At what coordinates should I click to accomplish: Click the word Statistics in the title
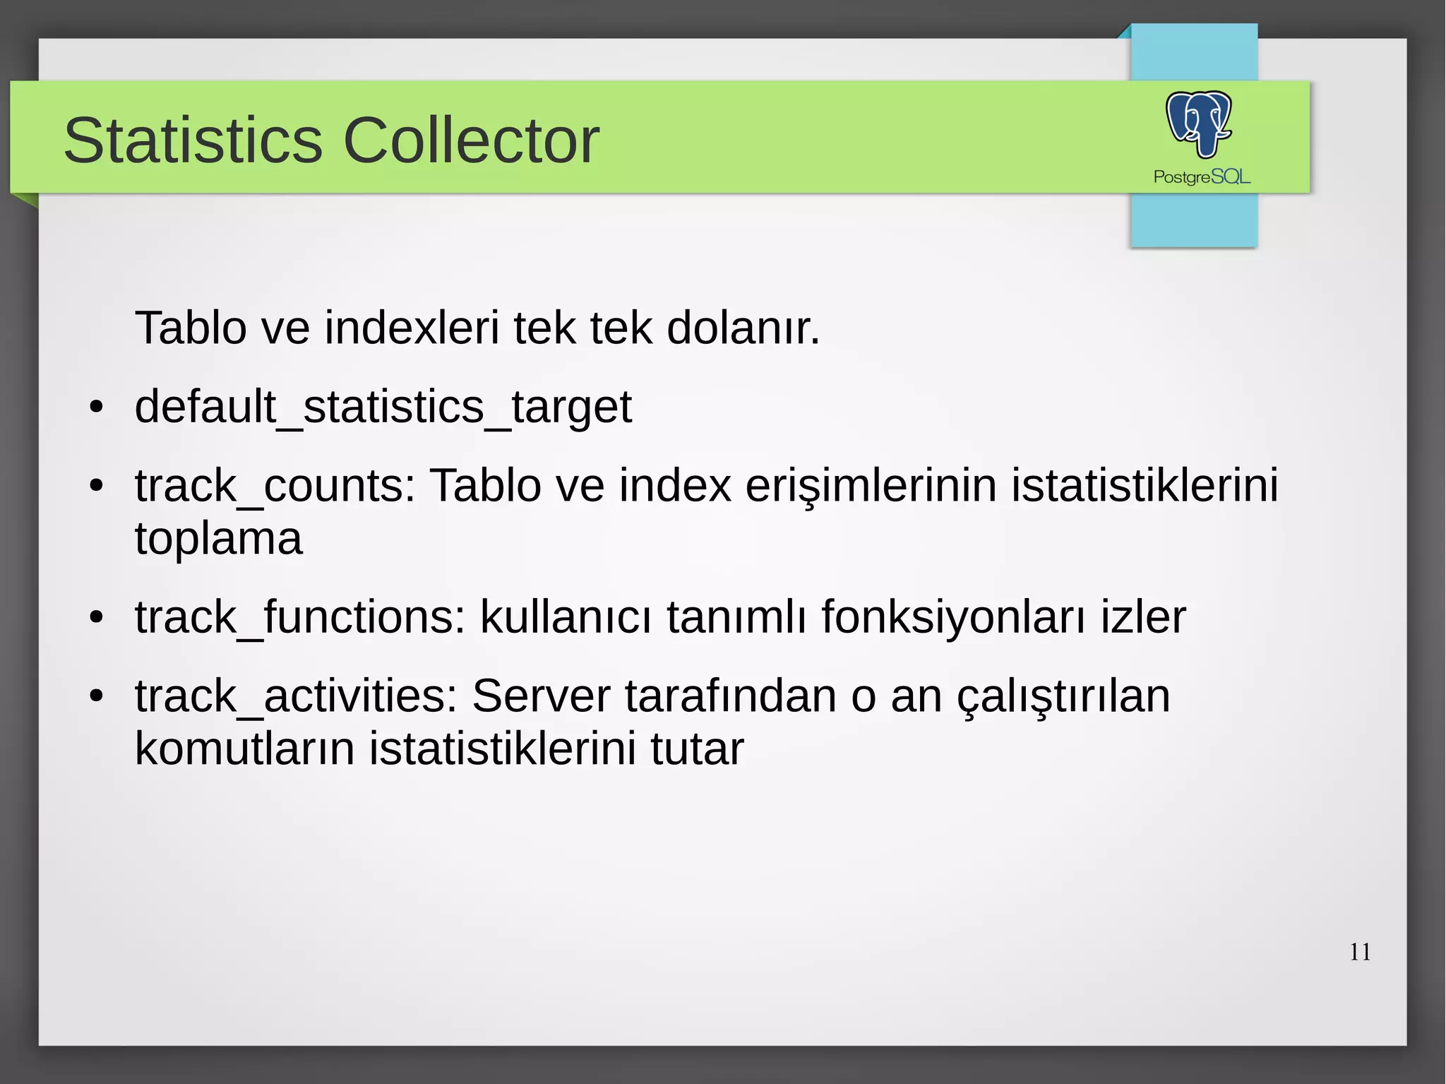pyautogui.click(x=193, y=141)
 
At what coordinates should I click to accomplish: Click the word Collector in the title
pyautogui.click(x=471, y=141)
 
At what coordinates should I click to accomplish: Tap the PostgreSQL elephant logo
pyautogui.click(x=1199, y=124)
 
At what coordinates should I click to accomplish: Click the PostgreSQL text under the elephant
pyautogui.click(x=1202, y=177)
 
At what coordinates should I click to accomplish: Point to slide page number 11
pyautogui.click(x=1360, y=952)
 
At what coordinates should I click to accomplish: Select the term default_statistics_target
pyautogui.click(x=383, y=407)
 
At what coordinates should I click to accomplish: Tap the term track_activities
pyautogui.click(x=296, y=696)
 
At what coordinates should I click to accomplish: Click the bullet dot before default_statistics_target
pyautogui.click(x=97, y=408)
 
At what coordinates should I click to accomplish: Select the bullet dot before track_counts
pyautogui.click(x=97, y=487)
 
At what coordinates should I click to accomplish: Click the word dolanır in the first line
pyautogui.click(x=743, y=328)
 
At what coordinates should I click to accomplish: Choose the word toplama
pyautogui.click(x=218, y=539)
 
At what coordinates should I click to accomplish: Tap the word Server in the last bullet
pyautogui.click(x=541, y=696)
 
